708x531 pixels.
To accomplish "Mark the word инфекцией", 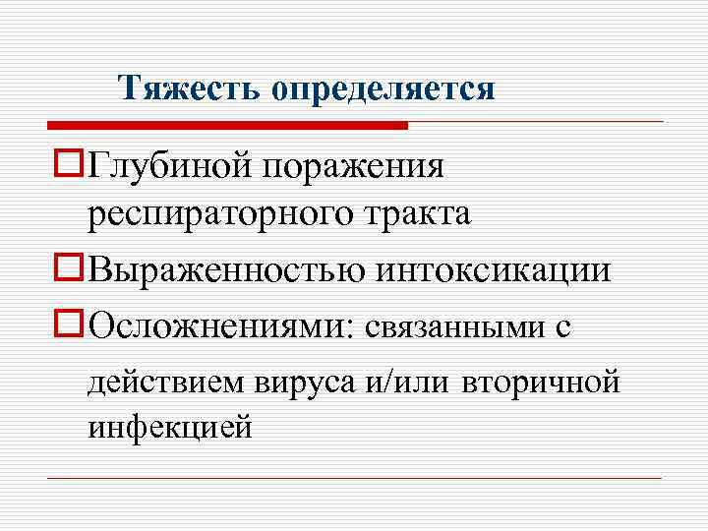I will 169,429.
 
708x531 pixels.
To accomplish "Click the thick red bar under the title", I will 226,125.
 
